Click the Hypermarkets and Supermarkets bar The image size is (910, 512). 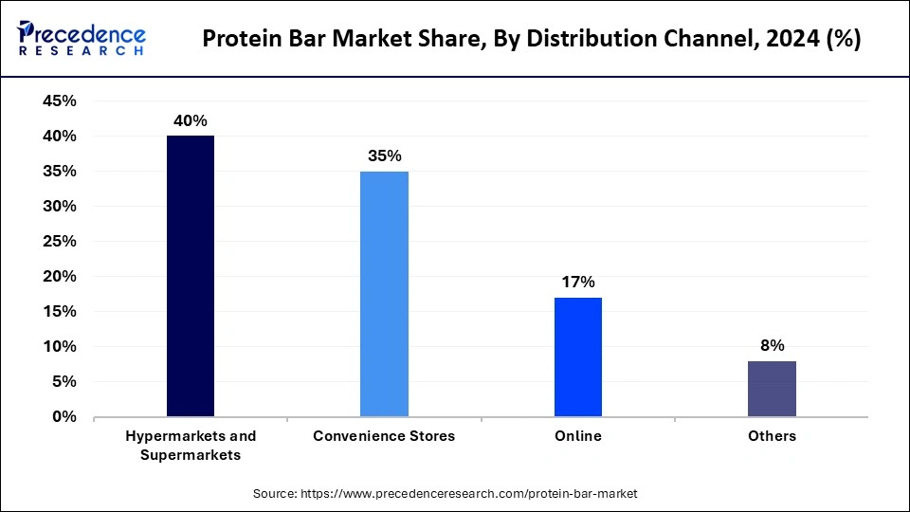click(x=191, y=276)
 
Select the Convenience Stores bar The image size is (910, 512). click(x=384, y=294)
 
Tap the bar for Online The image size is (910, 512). click(x=577, y=357)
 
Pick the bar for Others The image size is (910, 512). click(x=772, y=389)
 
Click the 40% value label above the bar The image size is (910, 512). click(x=190, y=120)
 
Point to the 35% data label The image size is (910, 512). click(x=384, y=155)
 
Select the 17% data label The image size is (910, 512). click(x=577, y=282)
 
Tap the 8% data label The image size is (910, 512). click(x=772, y=345)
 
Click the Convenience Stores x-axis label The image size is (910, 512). click(x=384, y=436)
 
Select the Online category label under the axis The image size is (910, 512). click(x=577, y=436)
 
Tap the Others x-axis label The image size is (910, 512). click(x=772, y=436)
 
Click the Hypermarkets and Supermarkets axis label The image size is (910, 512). click(x=191, y=446)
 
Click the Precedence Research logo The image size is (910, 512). click(x=82, y=39)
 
